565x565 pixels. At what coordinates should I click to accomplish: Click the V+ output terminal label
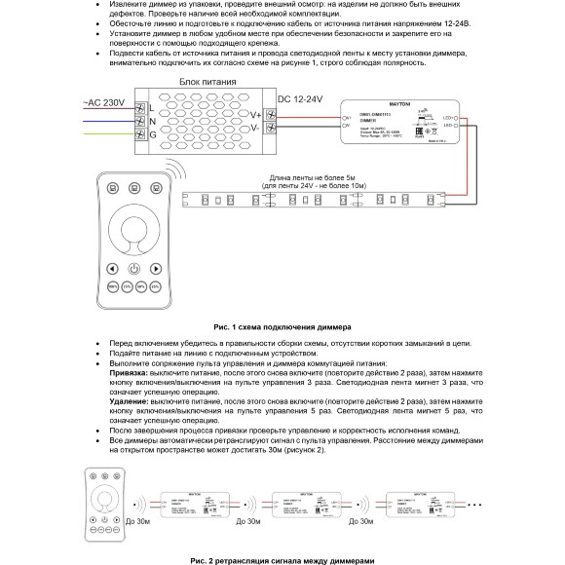coord(255,115)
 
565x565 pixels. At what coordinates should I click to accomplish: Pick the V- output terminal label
coord(255,128)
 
